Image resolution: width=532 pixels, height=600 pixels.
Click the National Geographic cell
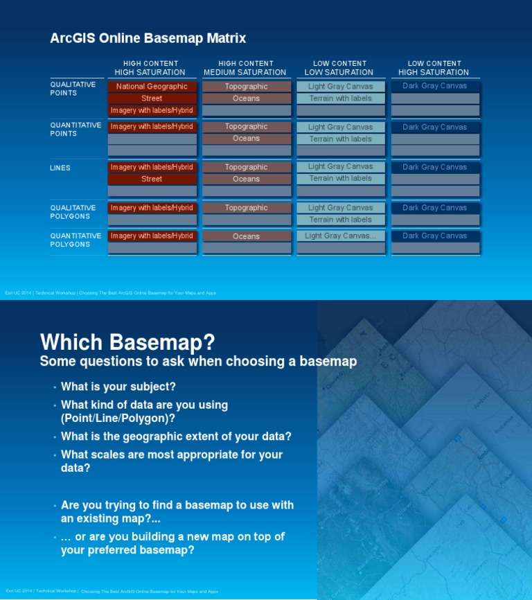152,87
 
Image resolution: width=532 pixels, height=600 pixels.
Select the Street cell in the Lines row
152,179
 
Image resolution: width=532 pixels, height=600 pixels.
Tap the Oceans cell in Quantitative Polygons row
246,236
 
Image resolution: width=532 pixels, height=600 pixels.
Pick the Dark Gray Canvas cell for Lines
434,167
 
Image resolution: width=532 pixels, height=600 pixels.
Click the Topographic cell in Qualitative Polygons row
246,208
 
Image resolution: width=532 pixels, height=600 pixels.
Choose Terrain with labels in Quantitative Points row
340,139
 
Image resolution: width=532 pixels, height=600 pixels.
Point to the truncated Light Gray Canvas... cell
340,236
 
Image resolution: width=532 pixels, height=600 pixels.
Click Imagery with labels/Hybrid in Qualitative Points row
152,110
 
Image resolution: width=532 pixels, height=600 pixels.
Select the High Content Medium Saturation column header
245,68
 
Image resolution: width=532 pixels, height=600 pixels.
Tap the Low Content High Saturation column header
434,68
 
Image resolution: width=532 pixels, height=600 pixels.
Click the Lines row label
60,168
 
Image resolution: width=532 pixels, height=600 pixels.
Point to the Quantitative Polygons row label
76,240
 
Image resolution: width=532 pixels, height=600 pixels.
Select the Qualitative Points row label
73,89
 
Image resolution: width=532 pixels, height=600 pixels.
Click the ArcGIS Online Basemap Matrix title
148,38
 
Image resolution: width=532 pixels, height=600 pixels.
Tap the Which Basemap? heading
127,342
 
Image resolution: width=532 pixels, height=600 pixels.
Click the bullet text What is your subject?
118,387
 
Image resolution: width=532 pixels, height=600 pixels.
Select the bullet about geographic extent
176,436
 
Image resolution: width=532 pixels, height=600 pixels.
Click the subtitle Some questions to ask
198,361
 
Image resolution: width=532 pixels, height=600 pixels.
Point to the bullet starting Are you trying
177,511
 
